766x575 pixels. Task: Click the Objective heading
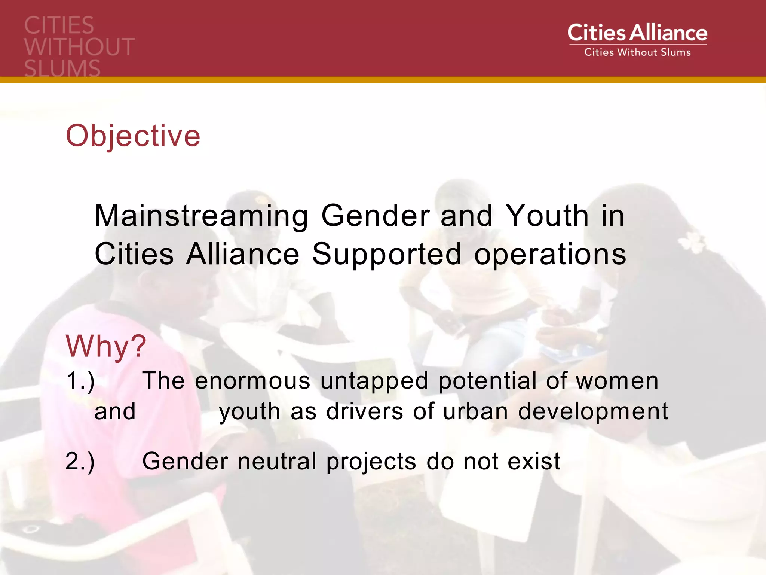(x=133, y=136)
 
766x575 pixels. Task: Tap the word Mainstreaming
(x=202, y=216)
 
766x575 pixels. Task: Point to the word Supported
(x=386, y=255)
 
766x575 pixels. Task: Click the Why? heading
(x=106, y=346)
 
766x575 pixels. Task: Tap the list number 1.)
(x=80, y=381)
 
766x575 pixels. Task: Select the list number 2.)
(x=80, y=461)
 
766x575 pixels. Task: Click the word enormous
(x=252, y=381)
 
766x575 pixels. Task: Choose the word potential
(x=487, y=381)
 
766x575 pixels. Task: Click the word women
(x=617, y=381)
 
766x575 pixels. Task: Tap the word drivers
(x=365, y=411)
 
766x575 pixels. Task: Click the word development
(x=593, y=412)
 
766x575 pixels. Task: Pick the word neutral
(x=277, y=461)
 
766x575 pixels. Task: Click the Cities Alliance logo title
(x=637, y=33)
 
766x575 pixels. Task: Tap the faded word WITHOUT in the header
(x=79, y=47)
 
